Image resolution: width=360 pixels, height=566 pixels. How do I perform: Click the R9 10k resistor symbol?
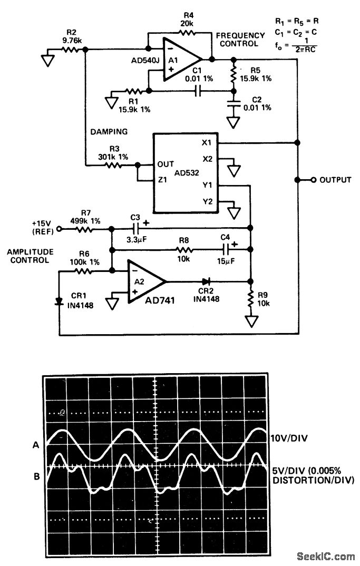(x=250, y=299)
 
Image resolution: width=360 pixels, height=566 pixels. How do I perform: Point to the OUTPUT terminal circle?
(x=313, y=180)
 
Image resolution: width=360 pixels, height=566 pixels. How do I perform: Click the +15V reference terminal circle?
(x=59, y=229)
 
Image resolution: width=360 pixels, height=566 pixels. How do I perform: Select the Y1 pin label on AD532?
(x=207, y=186)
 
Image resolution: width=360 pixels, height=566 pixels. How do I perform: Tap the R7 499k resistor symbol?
(x=85, y=230)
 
